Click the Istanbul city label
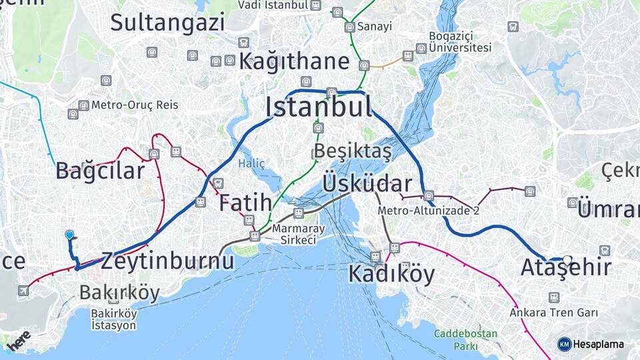pos(319,107)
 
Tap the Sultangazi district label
pos(167,23)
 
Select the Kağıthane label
pos(294,62)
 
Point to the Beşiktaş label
pos(353,152)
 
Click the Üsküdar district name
pos(367,183)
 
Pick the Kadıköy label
pos(391,273)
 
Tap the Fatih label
pos(245,202)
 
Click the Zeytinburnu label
pos(167,260)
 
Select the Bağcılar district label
pos(100,171)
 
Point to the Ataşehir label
pos(565,268)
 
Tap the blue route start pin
pos(69,235)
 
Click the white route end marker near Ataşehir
pos(567,260)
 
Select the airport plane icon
pos(25,290)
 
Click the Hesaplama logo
pos(591,344)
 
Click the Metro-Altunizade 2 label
pos(429,211)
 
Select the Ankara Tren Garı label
pos(553,312)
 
